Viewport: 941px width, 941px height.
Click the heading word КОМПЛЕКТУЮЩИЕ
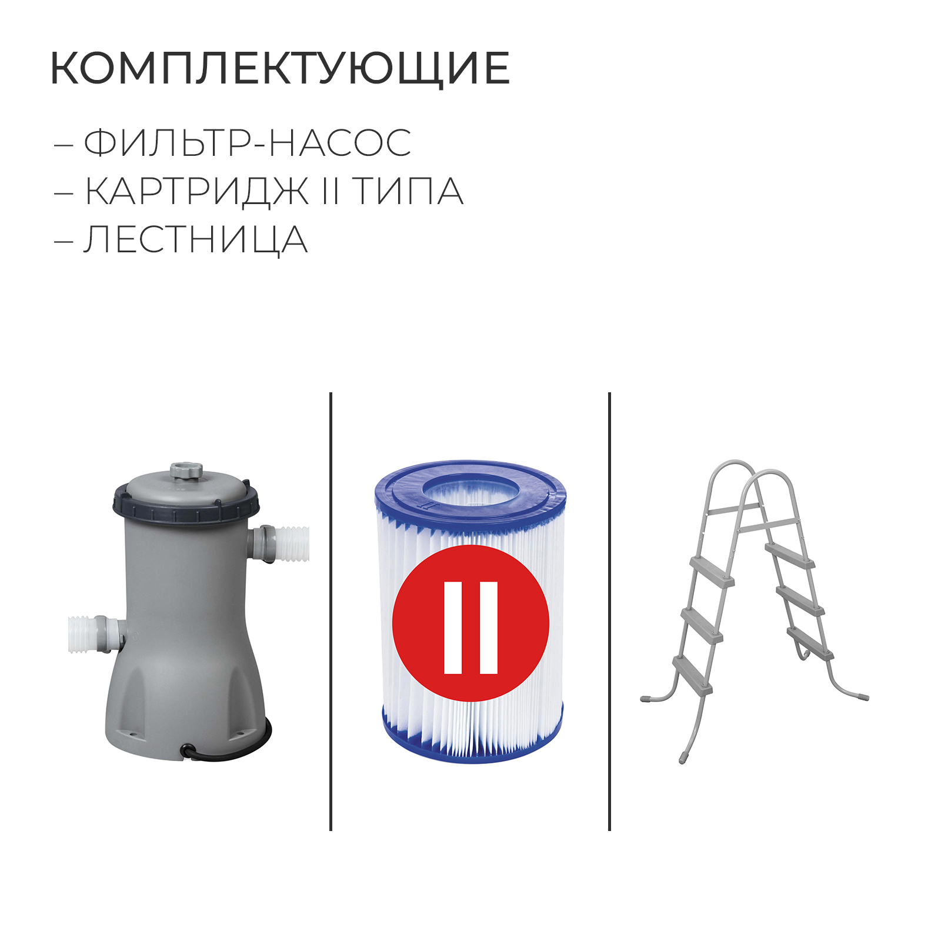(280, 69)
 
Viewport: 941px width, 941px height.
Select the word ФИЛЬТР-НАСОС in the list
(248, 143)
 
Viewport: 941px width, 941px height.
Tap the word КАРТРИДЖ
(197, 192)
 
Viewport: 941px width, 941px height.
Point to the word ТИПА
(408, 191)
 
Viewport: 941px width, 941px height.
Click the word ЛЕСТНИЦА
(196, 240)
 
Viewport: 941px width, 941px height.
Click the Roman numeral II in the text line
(331, 191)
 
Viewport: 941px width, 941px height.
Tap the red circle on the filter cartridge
(470, 623)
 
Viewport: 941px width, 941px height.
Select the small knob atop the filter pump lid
(186, 471)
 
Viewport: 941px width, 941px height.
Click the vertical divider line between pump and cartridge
(331, 612)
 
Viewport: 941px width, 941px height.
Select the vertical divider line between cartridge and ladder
(609, 612)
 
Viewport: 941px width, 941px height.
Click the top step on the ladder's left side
(712, 570)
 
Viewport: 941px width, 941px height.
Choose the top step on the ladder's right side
(790, 555)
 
